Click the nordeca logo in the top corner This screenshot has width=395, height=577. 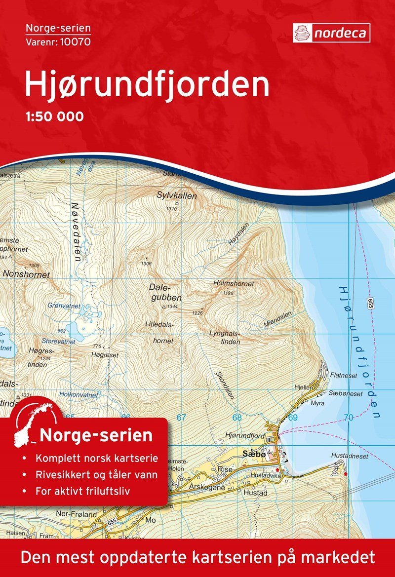click(x=331, y=33)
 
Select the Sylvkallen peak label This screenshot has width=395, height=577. click(x=177, y=196)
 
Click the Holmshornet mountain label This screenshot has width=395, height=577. click(x=234, y=284)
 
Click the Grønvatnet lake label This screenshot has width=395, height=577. click(x=64, y=306)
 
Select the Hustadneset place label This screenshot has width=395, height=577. click(x=350, y=457)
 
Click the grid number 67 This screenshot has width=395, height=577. click(x=181, y=418)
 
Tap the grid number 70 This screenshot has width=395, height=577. click(x=349, y=418)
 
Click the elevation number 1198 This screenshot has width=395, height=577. click(x=228, y=293)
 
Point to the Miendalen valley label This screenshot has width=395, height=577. click(x=278, y=317)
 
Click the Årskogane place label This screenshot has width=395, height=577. click(x=207, y=487)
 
